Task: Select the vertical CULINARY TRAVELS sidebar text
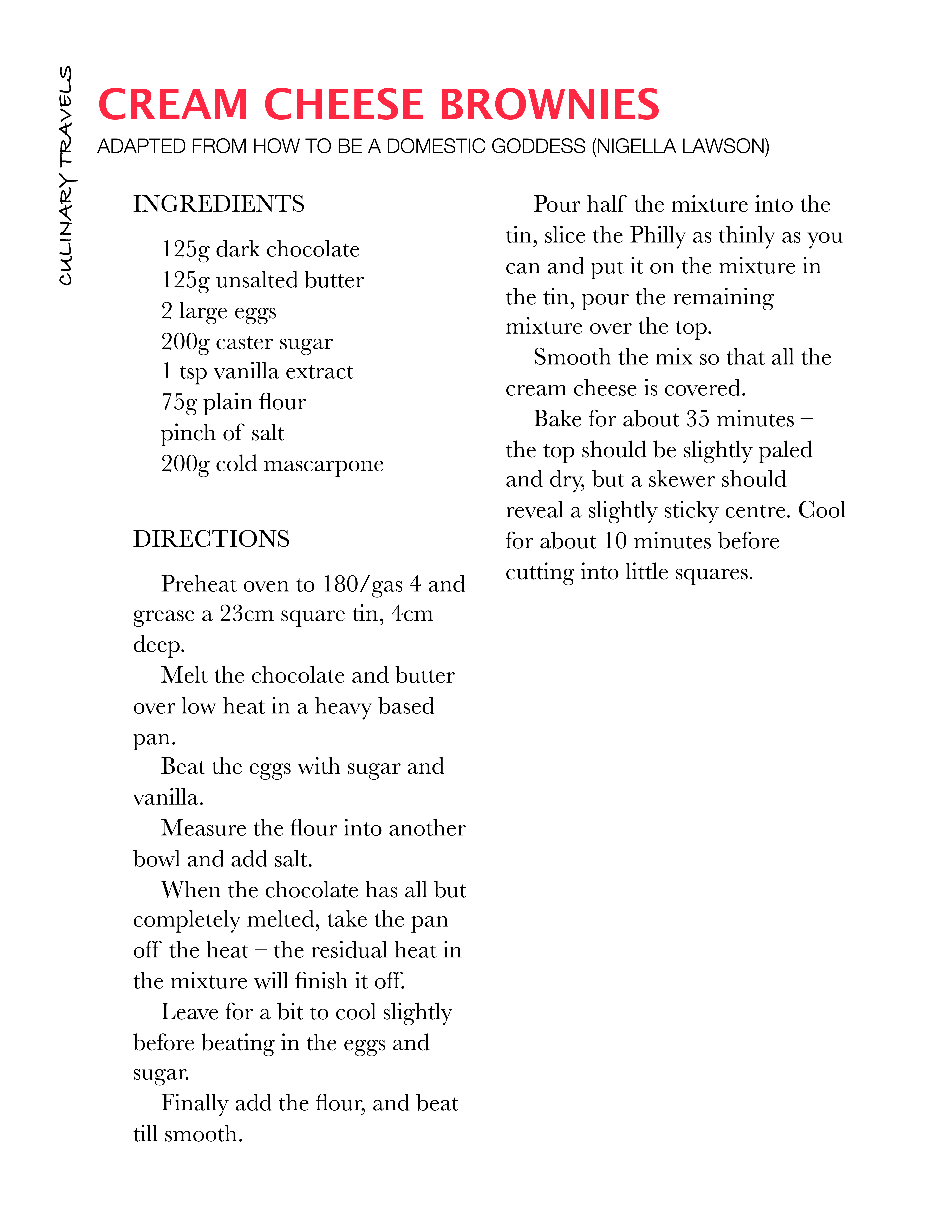pyautogui.click(x=66, y=175)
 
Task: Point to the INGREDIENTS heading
pyautogui.click(x=218, y=204)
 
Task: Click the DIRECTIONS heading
pyautogui.click(x=211, y=539)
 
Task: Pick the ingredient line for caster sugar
pyautogui.click(x=247, y=342)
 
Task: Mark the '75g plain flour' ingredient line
pyautogui.click(x=233, y=402)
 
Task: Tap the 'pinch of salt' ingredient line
pyautogui.click(x=222, y=433)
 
